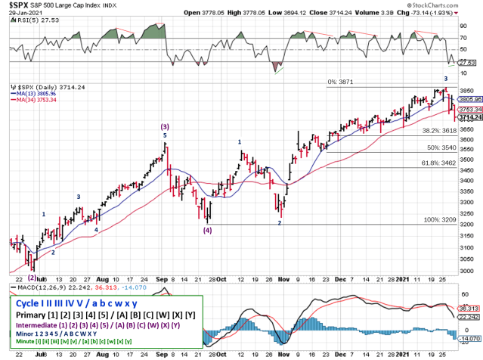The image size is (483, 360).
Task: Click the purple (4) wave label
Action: coord(206,231)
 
